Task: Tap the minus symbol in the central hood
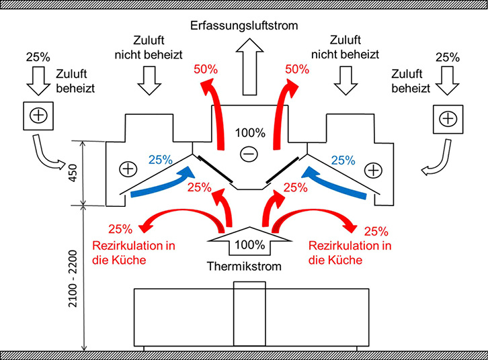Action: click(249, 154)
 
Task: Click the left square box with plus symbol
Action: click(39, 116)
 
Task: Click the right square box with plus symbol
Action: click(446, 119)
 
